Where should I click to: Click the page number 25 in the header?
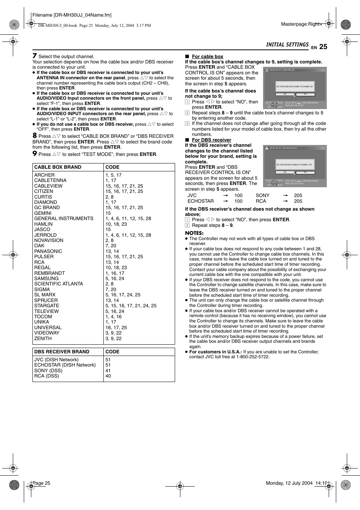tap(323, 47)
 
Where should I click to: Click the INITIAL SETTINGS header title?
tap(287, 45)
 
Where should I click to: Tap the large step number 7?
tap(35, 56)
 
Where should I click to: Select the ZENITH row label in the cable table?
tap(43, 339)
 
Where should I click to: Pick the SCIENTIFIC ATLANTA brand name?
tap(58, 284)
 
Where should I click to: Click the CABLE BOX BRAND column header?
tap(58, 167)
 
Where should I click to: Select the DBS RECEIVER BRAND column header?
tap(62, 352)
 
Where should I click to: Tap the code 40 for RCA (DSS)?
tap(108, 376)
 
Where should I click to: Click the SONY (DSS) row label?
tap(48, 371)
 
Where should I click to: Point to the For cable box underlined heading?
tap(208, 57)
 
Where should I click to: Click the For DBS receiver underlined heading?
tap(211, 140)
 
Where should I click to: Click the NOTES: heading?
tap(194, 233)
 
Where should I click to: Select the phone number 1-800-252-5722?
tap(253, 357)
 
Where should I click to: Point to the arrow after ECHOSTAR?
tap(226, 201)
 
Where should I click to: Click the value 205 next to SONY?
tap(298, 196)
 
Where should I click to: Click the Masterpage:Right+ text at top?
tap(302, 24)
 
